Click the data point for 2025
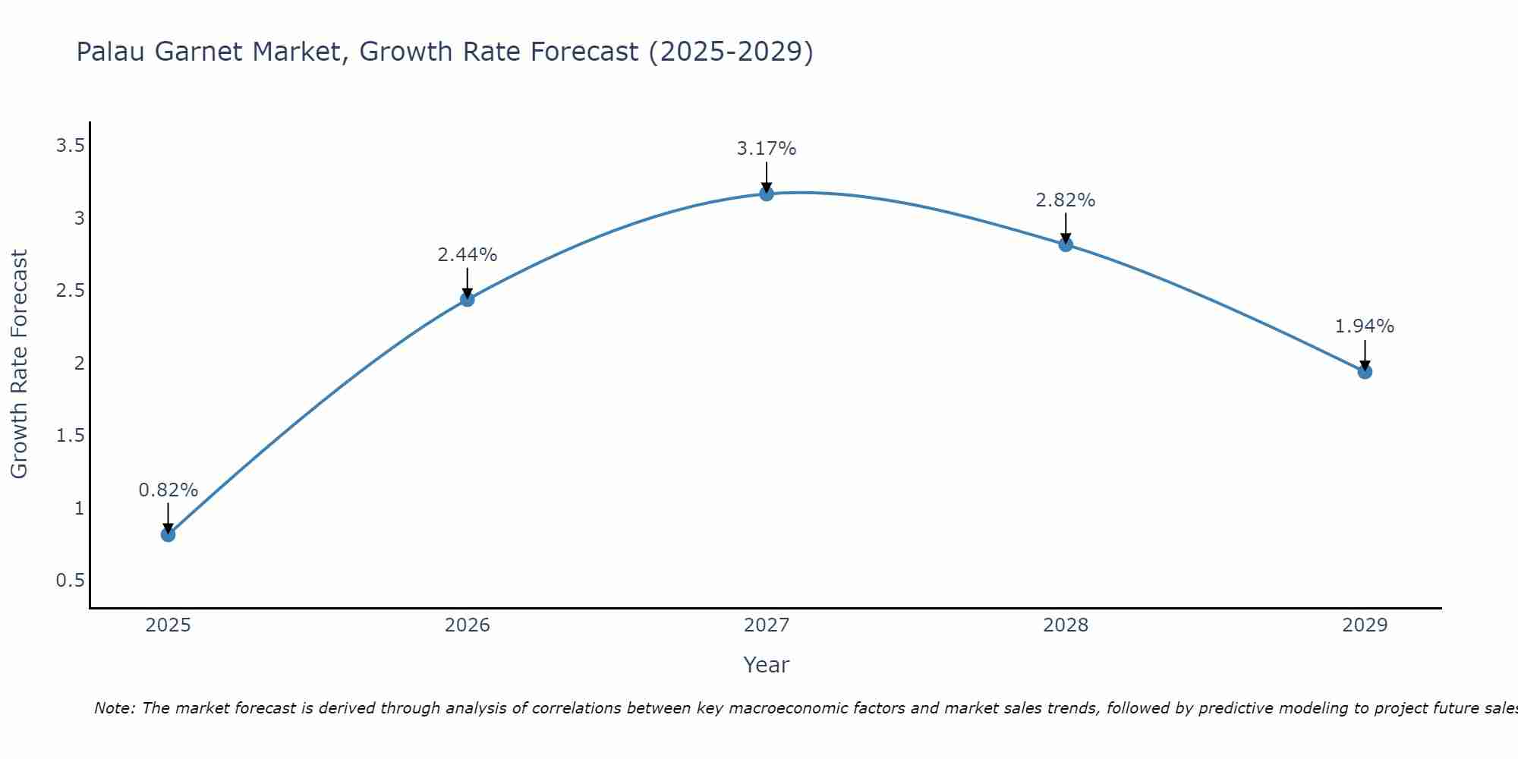[x=168, y=534]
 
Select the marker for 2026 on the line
[x=468, y=299]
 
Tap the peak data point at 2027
[x=767, y=194]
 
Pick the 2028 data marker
[x=1066, y=244]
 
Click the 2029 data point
[x=1365, y=371]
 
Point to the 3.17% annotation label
[x=767, y=149]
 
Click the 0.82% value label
[x=168, y=490]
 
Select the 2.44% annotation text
[x=468, y=255]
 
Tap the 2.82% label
[x=1066, y=200]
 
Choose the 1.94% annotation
[x=1365, y=326]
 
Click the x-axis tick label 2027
[x=767, y=625]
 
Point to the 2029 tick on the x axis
[x=1365, y=625]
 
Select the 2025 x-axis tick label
[x=168, y=625]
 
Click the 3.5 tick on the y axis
[x=70, y=146]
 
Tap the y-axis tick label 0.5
[x=70, y=581]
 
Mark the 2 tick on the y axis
[x=79, y=364]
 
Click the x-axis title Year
[x=767, y=665]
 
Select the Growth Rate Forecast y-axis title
[x=19, y=364]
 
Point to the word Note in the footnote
[x=114, y=708]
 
